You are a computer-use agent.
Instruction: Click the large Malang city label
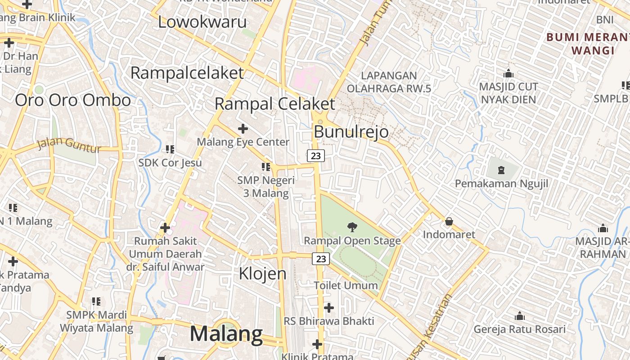[x=226, y=334]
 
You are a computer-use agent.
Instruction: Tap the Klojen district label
[x=262, y=273]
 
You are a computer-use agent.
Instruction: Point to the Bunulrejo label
[x=351, y=132]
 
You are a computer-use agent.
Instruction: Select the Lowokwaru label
[x=202, y=22]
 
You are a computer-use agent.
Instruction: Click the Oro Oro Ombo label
[x=73, y=100]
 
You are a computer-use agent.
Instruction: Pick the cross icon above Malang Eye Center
[x=243, y=129]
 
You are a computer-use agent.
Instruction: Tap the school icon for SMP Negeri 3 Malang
[x=266, y=167]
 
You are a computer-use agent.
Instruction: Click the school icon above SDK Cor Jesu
[x=170, y=149]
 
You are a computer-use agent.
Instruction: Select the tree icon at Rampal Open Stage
[x=352, y=227]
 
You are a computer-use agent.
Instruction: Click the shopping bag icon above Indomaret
[x=449, y=221]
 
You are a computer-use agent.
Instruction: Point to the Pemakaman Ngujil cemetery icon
[x=501, y=170]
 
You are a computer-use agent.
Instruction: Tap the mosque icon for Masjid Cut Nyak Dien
[x=508, y=73]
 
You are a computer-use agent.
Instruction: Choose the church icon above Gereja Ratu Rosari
[x=520, y=316]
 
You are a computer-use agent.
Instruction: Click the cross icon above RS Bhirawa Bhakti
[x=329, y=308]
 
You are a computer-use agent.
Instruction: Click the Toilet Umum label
[x=346, y=285]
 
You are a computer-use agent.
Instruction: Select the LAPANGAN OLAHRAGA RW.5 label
[x=389, y=82]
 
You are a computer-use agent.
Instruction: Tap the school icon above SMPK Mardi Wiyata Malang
[x=96, y=301]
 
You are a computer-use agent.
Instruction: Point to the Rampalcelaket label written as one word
[x=187, y=73]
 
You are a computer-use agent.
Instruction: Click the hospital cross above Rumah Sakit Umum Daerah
[x=165, y=228]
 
